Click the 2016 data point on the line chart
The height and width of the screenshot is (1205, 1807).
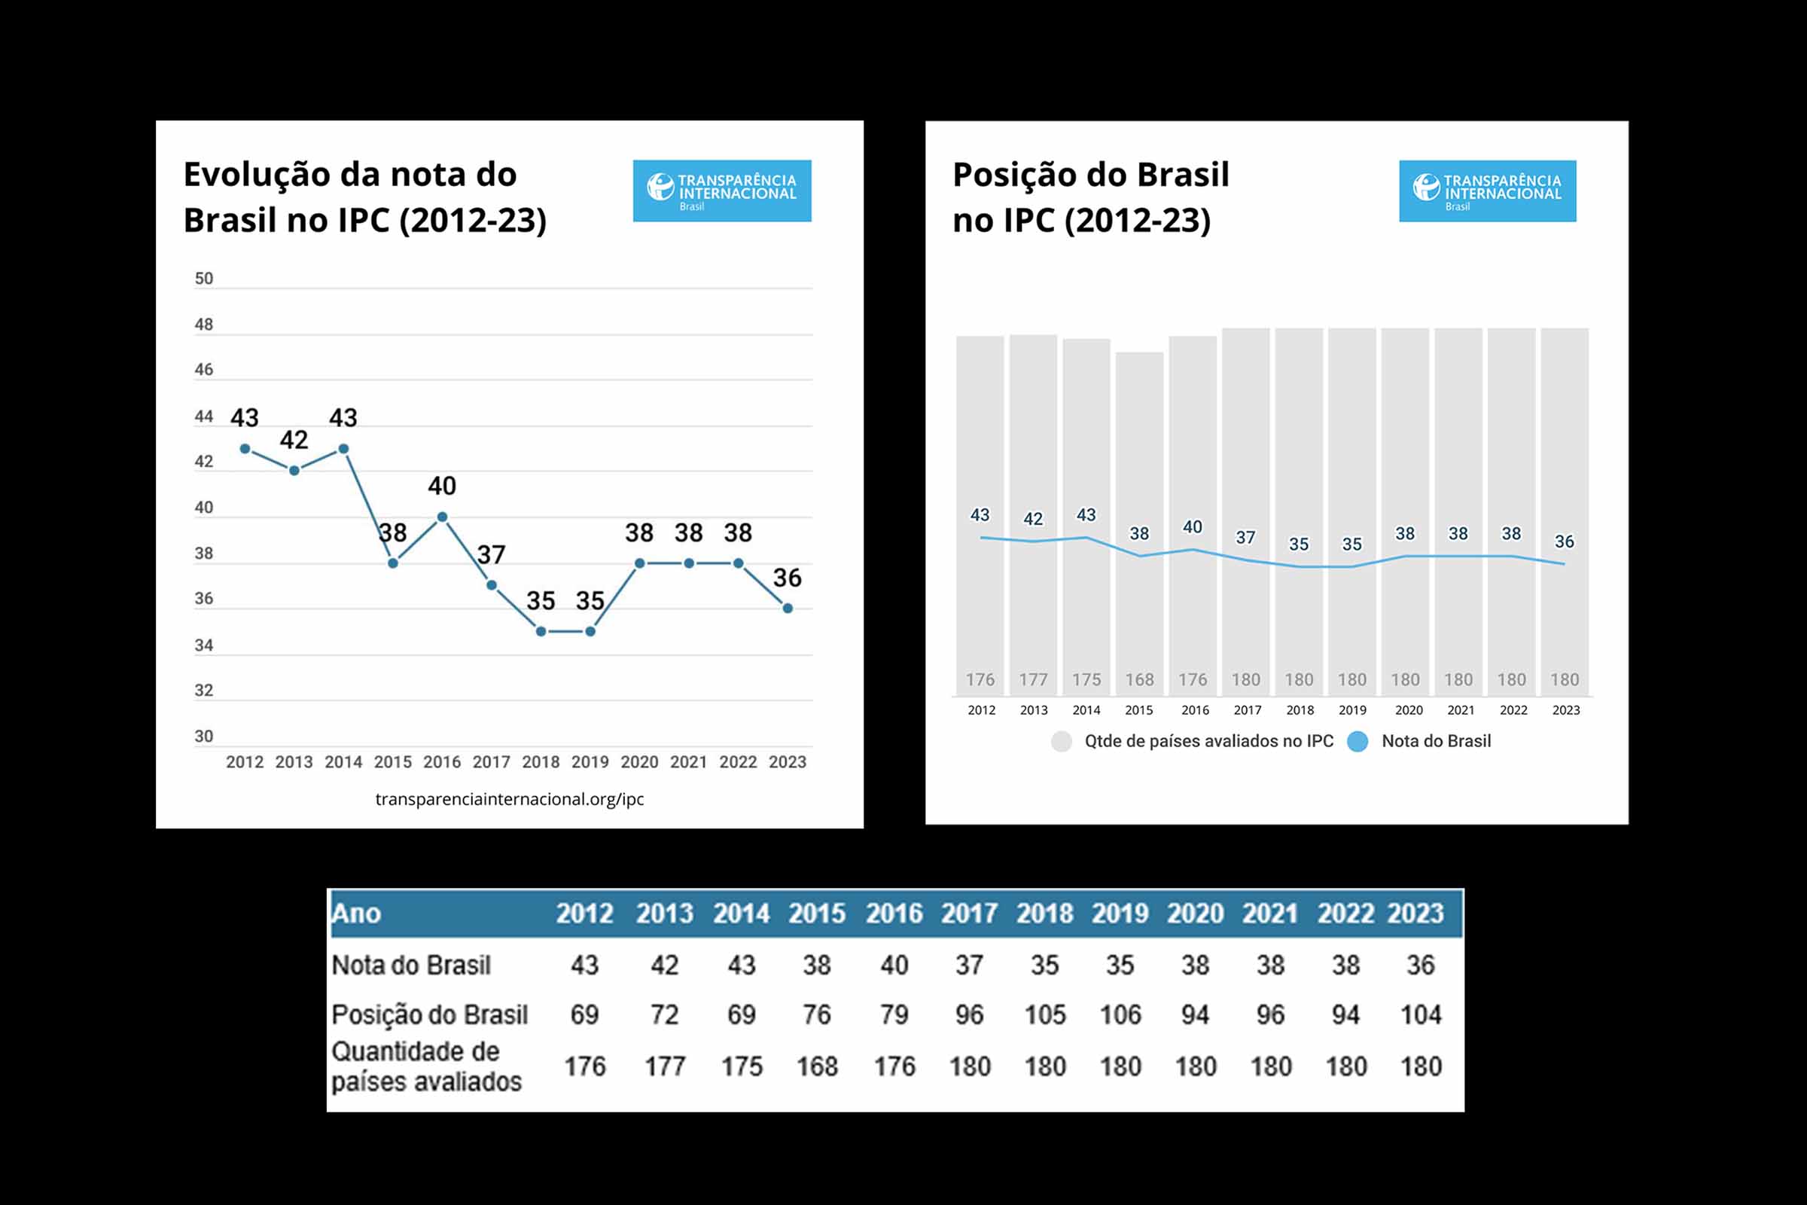[x=442, y=517]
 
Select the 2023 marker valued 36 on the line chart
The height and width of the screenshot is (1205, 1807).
[x=788, y=609]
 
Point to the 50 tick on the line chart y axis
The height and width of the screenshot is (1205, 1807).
[x=203, y=279]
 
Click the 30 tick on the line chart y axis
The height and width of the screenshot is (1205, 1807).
[x=203, y=737]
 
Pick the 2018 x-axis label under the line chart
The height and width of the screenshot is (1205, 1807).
[x=541, y=762]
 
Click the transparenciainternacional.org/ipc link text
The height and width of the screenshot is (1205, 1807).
[x=510, y=799]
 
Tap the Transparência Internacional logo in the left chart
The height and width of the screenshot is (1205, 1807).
[x=721, y=191]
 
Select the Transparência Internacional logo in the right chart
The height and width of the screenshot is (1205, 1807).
[x=1488, y=191]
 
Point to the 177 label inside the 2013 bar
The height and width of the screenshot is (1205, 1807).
[x=1033, y=680]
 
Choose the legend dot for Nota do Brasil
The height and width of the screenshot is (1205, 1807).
[x=1358, y=742]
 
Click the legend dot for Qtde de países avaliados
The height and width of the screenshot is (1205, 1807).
[x=1061, y=742]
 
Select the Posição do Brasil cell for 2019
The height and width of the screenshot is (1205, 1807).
[x=1120, y=1015]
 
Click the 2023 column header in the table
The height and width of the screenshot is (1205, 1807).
[x=1415, y=914]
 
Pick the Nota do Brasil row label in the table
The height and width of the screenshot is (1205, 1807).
[x=411, y=966]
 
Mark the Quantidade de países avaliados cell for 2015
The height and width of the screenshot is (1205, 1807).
[x=817, y=1066]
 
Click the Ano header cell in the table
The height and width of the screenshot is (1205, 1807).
[x=356, y=914]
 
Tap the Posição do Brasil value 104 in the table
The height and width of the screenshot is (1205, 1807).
[x=1421, y=1015]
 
